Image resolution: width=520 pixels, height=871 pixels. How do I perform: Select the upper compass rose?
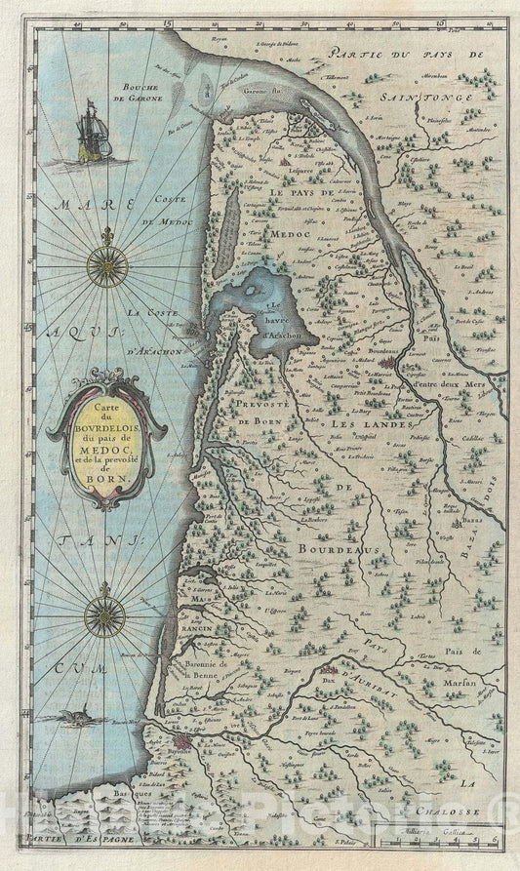[106, 264]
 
